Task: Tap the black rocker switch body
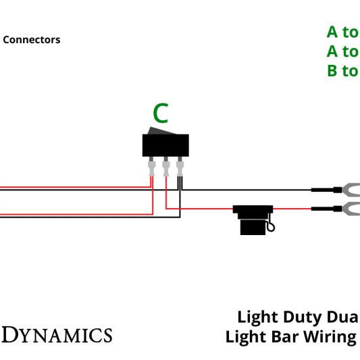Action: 165,145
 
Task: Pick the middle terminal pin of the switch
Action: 165,166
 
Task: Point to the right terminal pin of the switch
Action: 179,166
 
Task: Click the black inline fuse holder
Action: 253,220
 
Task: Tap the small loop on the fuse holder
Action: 271,228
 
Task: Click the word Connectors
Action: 32,40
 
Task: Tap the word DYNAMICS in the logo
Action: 57,335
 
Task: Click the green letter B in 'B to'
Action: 332,71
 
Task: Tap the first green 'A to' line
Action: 342,32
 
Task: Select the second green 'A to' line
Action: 342,51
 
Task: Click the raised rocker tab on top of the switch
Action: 160,130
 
